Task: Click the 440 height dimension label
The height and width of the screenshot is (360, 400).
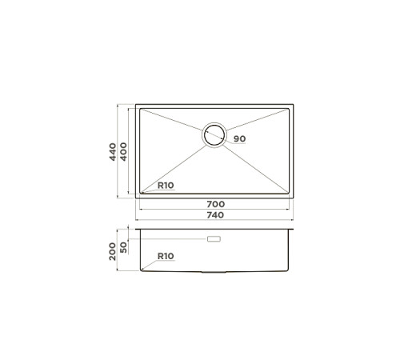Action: point(114,150)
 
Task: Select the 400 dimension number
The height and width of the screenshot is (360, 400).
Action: point(124,150)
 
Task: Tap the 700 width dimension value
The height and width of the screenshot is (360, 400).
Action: point(214,206)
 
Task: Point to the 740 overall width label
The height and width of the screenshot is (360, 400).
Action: point(214,215)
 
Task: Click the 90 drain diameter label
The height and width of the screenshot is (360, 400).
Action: point(240,139)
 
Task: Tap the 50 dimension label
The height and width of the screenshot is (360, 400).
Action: point(124,247)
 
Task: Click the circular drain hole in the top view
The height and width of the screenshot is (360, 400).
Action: point(214,135)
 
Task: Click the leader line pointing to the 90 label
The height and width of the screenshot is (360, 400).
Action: point(228,138)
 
